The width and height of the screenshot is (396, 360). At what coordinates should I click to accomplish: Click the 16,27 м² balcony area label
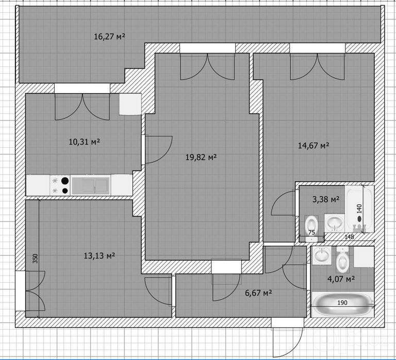click(110, 37)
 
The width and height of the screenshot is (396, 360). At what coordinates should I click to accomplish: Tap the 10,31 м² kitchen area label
click(85, 142)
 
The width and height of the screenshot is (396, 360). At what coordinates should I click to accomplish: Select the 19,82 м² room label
click(201, 158)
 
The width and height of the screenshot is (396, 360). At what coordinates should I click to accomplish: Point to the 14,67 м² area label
click(313, 146)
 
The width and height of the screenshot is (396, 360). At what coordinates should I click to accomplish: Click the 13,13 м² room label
click(100, 256)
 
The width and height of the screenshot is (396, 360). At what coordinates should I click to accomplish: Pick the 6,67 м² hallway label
click(258, 293)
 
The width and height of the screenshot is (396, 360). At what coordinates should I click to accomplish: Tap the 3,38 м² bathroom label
click(326, 199)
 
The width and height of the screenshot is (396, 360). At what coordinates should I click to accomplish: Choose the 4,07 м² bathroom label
click(341, 279)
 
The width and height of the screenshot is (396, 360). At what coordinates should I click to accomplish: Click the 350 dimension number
click(35, 259)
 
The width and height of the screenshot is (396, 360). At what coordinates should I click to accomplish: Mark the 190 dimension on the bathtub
click(342, 302)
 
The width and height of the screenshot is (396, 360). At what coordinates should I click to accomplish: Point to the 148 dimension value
click(349, 237)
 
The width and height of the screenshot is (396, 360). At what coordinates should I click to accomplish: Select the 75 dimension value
click(311, 233)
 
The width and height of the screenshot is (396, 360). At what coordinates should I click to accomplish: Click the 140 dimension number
click(359, 209)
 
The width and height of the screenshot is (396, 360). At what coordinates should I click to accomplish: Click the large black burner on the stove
click(65, 181)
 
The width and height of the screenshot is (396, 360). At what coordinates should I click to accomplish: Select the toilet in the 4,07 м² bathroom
click(342, 260)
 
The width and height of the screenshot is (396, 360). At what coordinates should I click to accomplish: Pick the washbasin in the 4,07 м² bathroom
click(322, 255)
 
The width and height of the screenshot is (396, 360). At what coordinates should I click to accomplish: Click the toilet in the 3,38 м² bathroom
click(311, 228)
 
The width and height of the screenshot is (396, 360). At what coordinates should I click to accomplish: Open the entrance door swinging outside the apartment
click(288, 341)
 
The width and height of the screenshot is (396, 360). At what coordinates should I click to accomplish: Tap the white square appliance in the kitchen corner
click(130, 104)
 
